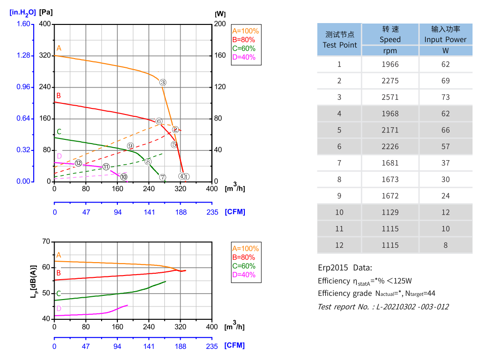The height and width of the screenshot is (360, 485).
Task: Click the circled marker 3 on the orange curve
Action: point(163,82)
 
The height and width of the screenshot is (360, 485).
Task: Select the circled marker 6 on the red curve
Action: point(159,121)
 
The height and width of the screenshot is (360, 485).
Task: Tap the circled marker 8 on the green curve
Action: point(148,162)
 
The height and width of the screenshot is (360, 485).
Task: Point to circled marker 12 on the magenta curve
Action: point(78,163)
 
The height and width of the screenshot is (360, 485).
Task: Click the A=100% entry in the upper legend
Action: point(245,31)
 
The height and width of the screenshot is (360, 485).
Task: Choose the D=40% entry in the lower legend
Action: point(243,275)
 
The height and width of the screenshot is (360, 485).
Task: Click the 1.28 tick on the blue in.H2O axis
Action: point(23,55)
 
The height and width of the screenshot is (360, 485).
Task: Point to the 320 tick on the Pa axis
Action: point(45,55)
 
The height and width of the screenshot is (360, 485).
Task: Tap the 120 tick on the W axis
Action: point(220,87)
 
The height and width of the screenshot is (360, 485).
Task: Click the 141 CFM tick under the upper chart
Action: point(149,212)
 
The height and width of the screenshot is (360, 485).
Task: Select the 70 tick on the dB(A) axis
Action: point(45,241)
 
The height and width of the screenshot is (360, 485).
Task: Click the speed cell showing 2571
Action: point(390,97)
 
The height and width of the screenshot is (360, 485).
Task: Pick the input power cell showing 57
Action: point(445,146)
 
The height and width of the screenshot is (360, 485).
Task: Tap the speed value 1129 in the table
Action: point(390,212)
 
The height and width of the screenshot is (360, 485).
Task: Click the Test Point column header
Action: point(339,40)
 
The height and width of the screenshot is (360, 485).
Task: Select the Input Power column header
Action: point(445,34)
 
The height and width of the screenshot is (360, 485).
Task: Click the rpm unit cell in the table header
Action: point(390,51)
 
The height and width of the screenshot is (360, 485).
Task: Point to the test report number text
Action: point(383,306)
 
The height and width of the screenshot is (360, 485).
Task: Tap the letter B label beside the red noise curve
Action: point(59,273)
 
